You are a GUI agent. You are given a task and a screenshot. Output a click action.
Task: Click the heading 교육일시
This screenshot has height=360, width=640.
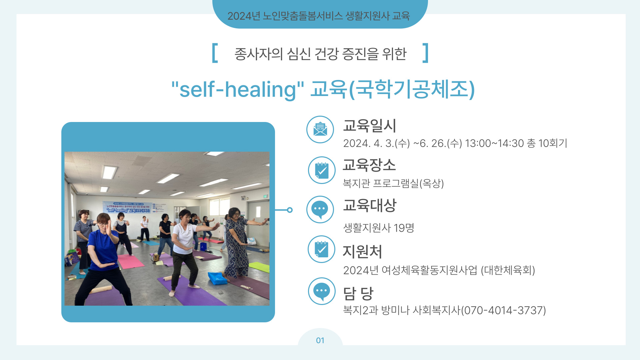click(369, 126)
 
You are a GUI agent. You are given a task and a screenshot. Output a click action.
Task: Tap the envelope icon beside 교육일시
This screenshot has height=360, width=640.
click(320, 129)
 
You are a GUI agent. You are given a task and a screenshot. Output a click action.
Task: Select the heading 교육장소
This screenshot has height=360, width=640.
click(369, 165)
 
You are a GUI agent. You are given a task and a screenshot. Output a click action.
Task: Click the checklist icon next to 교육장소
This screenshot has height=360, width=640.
click(322, 170)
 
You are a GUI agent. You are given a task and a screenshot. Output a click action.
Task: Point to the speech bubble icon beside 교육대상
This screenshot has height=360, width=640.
click(320, 209)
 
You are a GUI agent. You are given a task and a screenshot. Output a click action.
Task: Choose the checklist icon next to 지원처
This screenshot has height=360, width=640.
click(322, 249)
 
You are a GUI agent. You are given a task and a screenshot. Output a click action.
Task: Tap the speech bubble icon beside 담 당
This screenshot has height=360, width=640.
click(322, 291)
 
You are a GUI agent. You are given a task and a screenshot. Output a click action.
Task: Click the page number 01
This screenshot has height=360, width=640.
click(320, 340)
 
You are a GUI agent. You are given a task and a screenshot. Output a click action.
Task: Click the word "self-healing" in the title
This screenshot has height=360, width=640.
click(238, 89)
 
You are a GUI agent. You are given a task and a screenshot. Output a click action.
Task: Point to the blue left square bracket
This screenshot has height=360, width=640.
click(215, 53)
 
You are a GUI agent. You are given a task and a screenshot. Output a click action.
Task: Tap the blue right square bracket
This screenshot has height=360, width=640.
click(425, 53)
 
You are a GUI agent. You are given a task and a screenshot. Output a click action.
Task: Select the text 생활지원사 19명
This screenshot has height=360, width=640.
click(379, 228)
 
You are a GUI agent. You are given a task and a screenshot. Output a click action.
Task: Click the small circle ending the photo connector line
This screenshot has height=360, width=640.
click(290, 210)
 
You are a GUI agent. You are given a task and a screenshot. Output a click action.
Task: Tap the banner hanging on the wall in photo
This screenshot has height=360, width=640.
click(127, 208)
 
